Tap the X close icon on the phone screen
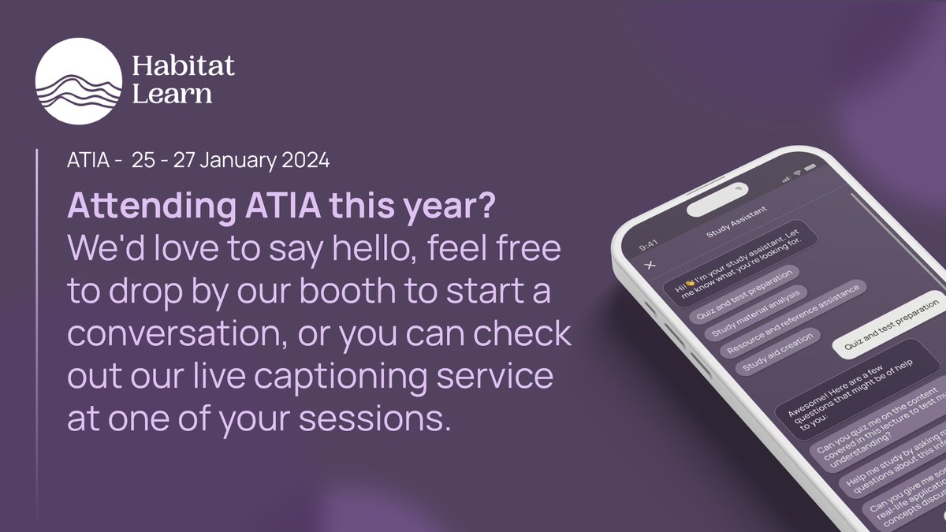650,265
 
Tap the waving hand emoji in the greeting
687,285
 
